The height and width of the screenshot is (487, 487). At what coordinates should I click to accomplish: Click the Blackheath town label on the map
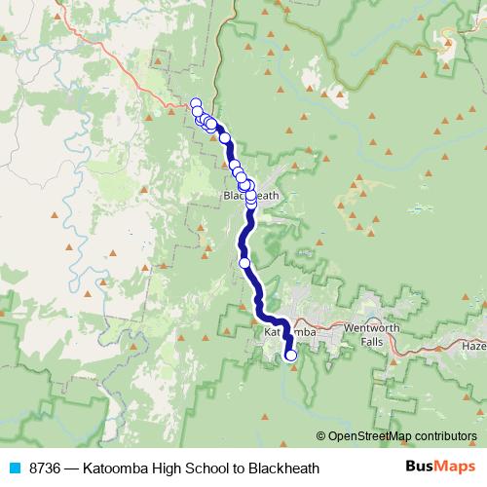[x=251, y=196]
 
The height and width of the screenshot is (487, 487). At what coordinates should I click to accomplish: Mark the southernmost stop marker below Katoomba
[x=290, y=356]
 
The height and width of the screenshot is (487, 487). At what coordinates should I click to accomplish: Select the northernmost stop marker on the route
[x=195, y=103]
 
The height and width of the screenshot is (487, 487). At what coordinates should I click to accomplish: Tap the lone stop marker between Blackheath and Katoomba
[x=244, y=262]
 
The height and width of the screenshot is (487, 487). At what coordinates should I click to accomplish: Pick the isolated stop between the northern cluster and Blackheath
[x=225, y=138]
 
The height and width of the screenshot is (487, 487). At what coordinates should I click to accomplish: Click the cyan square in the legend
[x=14, y=468]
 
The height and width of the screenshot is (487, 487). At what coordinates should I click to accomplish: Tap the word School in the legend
[x=211, y=468]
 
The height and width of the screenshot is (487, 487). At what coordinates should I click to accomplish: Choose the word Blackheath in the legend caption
[x=284, y=468]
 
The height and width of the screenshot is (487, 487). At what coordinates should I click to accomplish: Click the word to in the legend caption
[x=243, y=468]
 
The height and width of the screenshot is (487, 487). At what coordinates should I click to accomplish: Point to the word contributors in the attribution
[x=444, y=436]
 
